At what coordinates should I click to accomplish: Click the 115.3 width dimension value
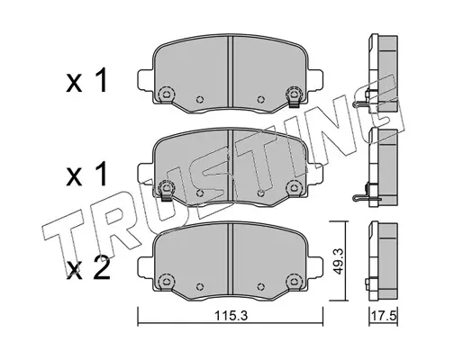231,315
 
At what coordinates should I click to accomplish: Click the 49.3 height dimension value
339,261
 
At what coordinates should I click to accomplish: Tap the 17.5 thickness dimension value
385,316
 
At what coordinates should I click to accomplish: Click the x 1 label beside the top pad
86,80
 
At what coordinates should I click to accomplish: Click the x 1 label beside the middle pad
86,174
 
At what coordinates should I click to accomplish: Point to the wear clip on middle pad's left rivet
166,196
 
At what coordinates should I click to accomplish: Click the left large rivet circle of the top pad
165,94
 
